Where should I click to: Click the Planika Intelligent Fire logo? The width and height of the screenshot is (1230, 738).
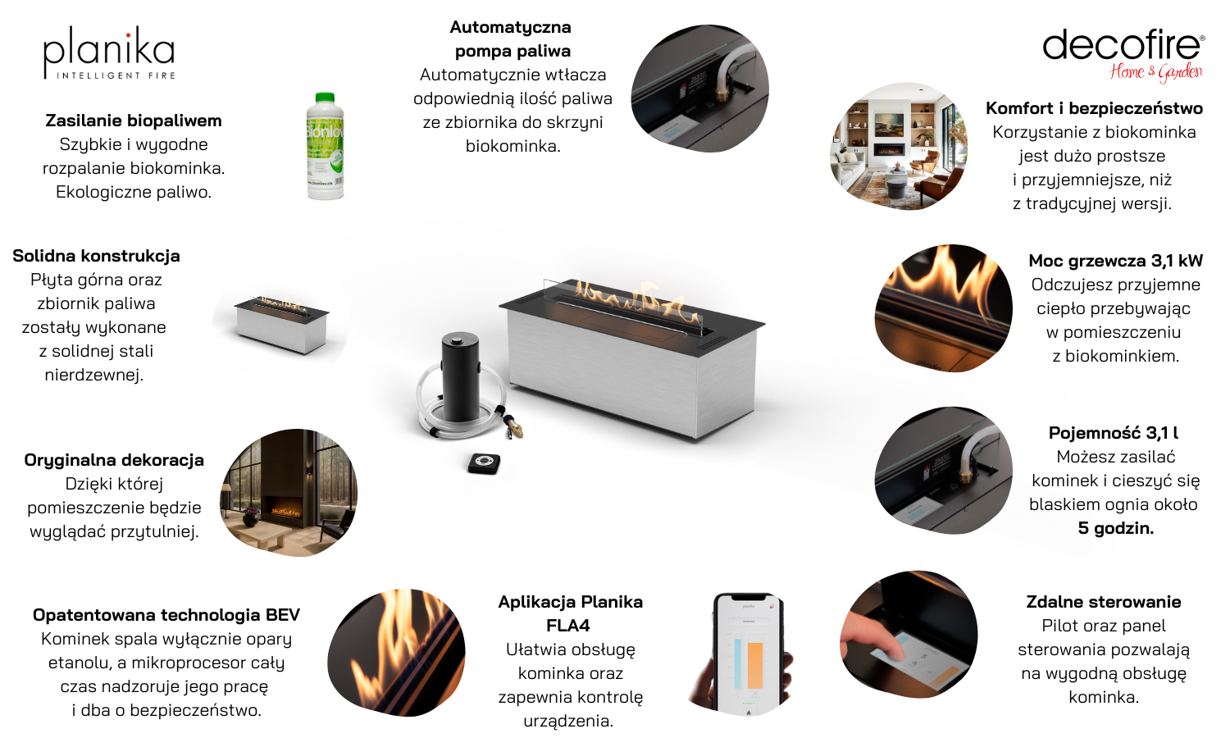(x=109, y=52)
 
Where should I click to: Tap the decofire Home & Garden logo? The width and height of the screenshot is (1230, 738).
(x=1123, y=56)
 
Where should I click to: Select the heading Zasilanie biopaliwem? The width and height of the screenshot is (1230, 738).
(x=134, y=121)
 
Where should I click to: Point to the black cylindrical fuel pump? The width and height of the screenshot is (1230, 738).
(x=460, y=376)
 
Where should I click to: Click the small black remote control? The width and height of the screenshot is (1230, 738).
(x=484, y=463)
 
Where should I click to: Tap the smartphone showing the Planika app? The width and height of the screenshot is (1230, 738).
(x=747, y=654)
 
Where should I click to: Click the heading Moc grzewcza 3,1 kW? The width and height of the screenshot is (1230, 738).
(x=1115, y=260)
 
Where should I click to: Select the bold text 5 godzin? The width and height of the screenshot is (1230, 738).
(x=1115, y=528)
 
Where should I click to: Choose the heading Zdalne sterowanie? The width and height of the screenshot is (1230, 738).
(x=1103, y=602)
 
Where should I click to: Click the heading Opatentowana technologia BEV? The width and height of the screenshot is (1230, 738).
(x=166, y=615)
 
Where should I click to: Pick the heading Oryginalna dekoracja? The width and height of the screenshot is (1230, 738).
(x=114, y=460)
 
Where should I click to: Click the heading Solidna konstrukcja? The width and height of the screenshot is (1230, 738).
(x=96, y=256)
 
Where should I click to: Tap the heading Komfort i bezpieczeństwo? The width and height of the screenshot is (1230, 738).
(x=1094, y=108)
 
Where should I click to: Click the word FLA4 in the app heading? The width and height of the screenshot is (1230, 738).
(x=567, y=626)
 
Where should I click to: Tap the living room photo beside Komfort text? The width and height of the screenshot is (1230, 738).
(x=899, y=146)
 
